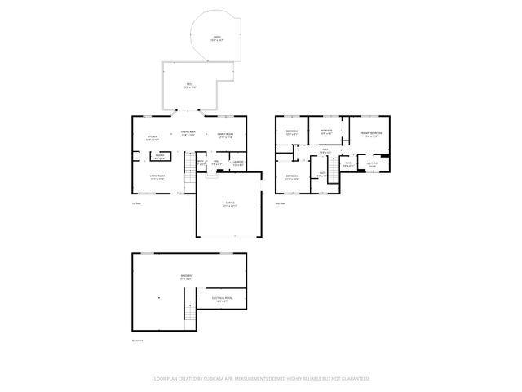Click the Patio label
pos(217,38)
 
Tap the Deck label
pos(188,84)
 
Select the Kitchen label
pos(152,137)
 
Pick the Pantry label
pos(160,157)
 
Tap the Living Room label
pos(157,177)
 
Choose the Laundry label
pos(237,163)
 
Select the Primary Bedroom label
pos(371,134)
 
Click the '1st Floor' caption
pos(136,203)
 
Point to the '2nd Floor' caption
pos(280,203)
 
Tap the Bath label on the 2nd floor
pos(322,174)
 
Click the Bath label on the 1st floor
pos(201,163)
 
